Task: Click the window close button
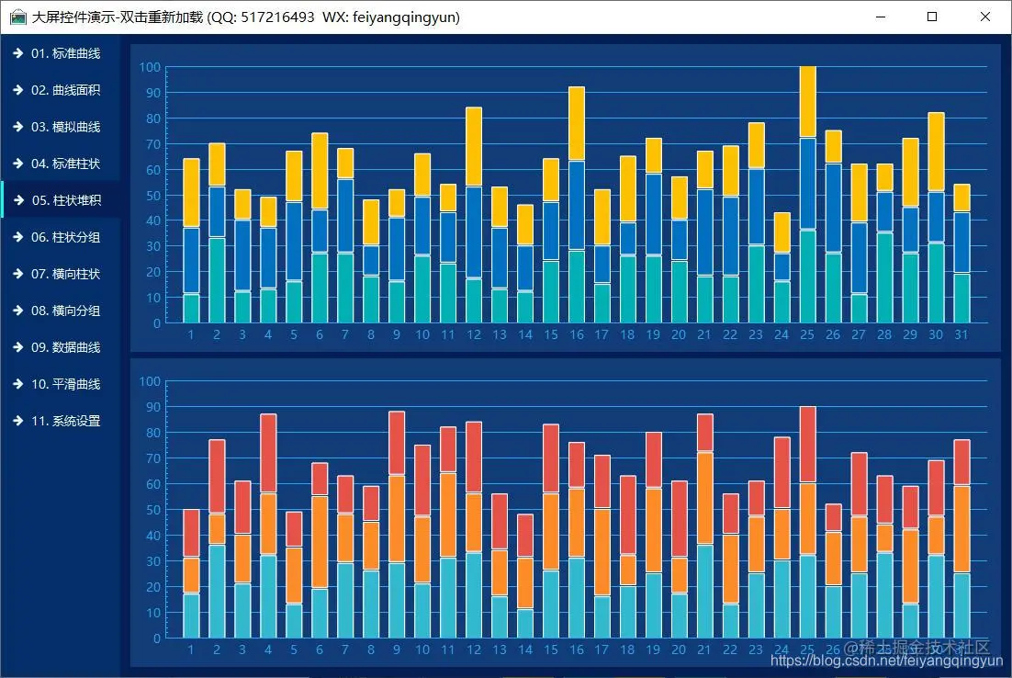(x=985, y=17)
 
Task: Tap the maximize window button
(x=933, y=17)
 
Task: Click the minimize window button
(x=881, y=17)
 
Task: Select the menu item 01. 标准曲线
(x=64, y=53)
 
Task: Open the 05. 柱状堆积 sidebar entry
(x=65, y=200)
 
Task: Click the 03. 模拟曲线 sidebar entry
(x=64, y=127)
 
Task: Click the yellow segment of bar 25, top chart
(x=807, y=102)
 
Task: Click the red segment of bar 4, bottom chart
(x=269, y=454)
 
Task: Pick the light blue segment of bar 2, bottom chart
(x=218, y=591)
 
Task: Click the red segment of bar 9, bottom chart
(x=397, y=443)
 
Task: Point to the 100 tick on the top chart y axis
(x=151, y=68)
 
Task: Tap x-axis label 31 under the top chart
(x=961, y=335)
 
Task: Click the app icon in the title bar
(x=18, y=17)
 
